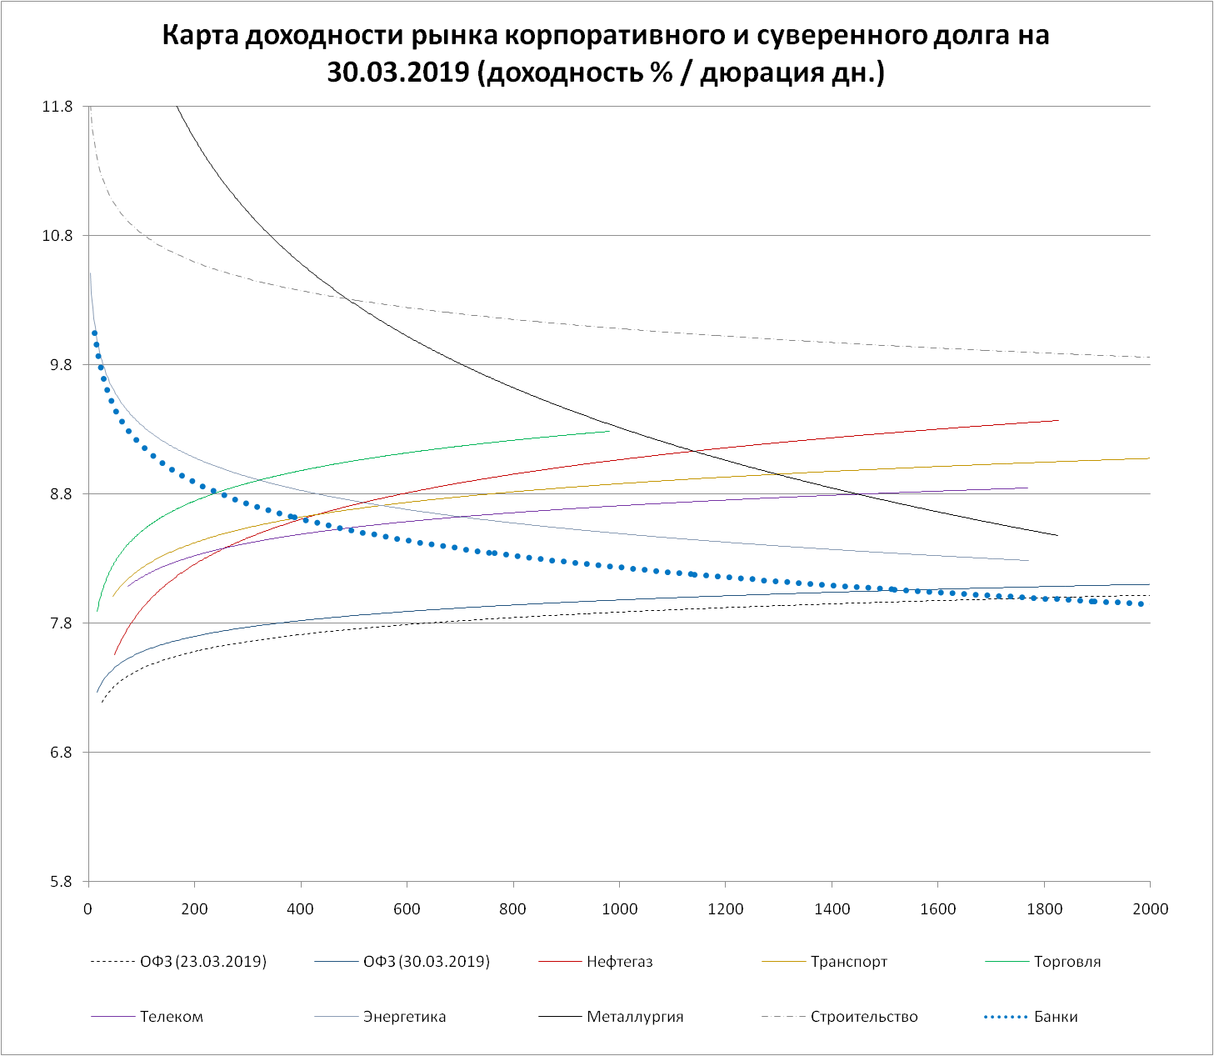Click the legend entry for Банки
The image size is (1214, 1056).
click(x=1055, y=1017)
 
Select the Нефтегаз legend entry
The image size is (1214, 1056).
click(x=619, y=962)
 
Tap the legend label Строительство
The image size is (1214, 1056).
click(x=863, y=1017)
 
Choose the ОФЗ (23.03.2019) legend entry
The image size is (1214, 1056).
click(x=203, y=962)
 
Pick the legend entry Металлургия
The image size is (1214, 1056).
click(x=634, y=1017)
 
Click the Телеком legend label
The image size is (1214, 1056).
click(x=171, y=1017)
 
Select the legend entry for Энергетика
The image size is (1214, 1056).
click(x=404, y=1017)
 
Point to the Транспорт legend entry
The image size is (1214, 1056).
click(x=848, y=962)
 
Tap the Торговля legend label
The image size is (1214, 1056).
click(x=1067, y=962)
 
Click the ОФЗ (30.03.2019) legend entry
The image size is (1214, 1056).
click(x=427, y=962)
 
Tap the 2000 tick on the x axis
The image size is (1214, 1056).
click(x=1150, y=908)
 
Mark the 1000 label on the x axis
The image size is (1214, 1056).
click(x=619, y=908)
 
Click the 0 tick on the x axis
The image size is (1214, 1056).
click(x=88, y=908)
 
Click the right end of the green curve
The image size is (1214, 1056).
click(x=609, y=431)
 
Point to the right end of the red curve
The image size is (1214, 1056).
click(x=1058, y=420)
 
